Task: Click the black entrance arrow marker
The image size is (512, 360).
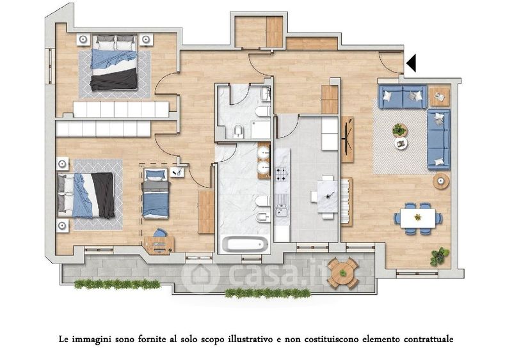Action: (412, 63)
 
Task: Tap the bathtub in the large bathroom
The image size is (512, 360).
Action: (245, 244)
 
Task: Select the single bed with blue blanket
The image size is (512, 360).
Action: (156, 194)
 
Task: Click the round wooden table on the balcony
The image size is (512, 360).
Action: (343, 272)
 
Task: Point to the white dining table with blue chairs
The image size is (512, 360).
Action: (418, 218)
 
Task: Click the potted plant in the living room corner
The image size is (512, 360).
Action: (440, 256)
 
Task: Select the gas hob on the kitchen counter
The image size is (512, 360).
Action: (282, 174)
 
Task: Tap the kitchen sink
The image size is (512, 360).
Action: (282, 210)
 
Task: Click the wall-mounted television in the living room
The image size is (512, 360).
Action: (349, 139)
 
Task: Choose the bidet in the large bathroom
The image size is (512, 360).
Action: (263, 216)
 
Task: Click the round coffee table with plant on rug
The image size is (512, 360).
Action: (399, 130)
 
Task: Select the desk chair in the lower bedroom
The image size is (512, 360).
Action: (160, 233)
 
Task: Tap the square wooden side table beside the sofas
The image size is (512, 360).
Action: (439, 97)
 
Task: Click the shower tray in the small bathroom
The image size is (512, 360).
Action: (260, 129)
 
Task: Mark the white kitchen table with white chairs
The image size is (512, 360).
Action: (327, 197)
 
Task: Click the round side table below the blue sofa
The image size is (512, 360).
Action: (441, 180)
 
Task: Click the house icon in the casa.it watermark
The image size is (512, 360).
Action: (200, 276)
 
